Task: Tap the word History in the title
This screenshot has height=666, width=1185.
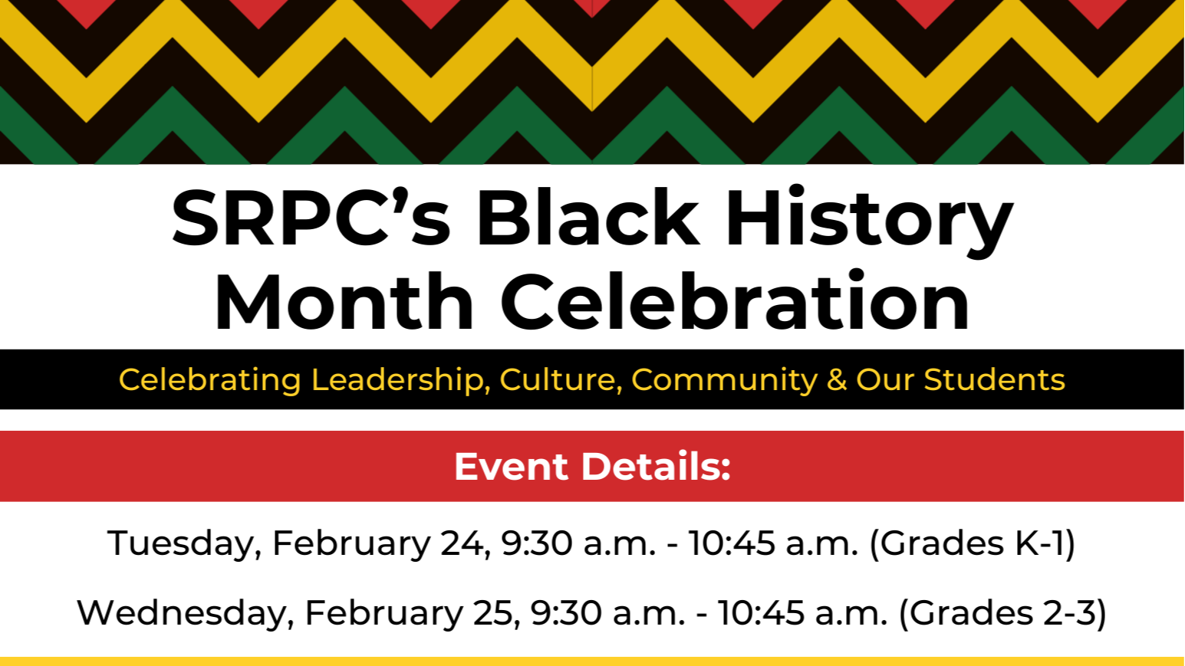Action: click(868, 221)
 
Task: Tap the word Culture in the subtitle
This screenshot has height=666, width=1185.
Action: click(560, 380)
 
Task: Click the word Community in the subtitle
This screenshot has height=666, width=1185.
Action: click(724, 380)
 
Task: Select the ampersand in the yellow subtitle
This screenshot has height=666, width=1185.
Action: click(836, 380)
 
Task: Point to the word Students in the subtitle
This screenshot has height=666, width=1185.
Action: click(994, 380)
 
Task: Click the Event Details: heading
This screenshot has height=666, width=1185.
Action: click(592, 467)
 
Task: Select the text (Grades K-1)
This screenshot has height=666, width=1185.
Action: click(973, 543)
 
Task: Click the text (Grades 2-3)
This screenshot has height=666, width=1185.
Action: click(1002, 613)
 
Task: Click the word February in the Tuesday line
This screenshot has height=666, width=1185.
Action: click(351, 543)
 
